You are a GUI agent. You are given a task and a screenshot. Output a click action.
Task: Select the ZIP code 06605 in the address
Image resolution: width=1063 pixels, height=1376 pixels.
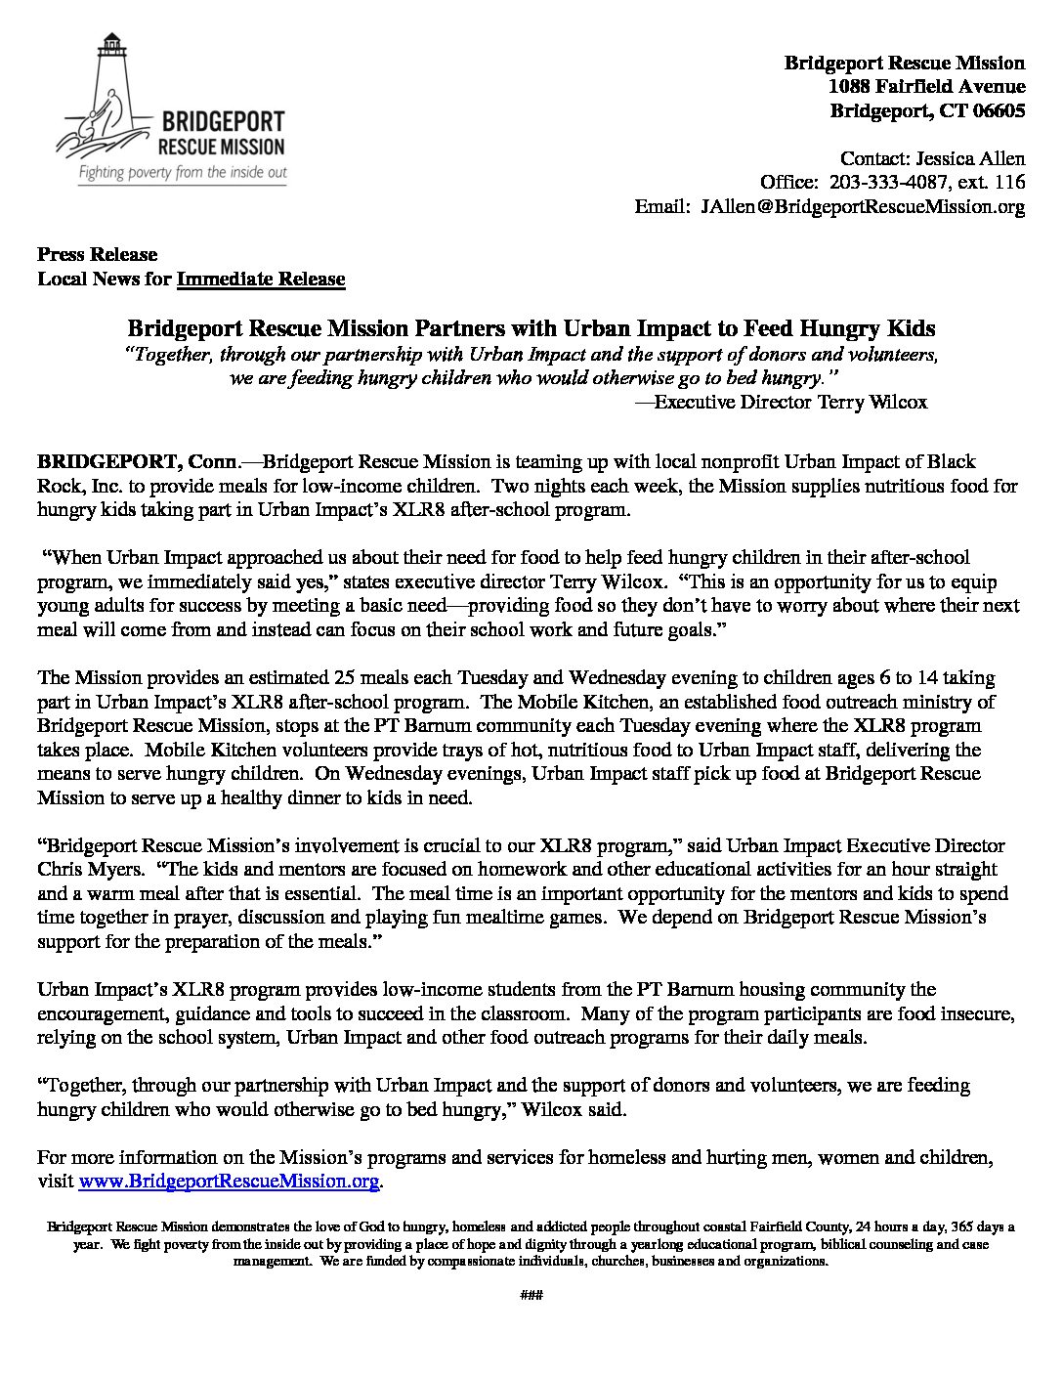pos(998,110)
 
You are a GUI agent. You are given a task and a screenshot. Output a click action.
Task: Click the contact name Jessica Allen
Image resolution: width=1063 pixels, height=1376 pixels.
pos(973,158)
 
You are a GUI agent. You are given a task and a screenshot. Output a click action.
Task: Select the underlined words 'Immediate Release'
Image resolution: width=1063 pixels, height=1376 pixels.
pos(261,279)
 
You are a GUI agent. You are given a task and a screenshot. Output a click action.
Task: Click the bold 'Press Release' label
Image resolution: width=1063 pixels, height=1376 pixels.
pos(97,254)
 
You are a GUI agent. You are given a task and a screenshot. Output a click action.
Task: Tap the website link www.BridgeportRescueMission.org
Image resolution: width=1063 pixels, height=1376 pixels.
pos(228,1182)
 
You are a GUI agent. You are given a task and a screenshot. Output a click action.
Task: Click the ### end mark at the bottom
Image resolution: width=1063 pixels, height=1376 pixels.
pos(531,1296)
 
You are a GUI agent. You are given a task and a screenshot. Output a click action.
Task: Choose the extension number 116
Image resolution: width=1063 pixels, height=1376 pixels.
pos(1009,182)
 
